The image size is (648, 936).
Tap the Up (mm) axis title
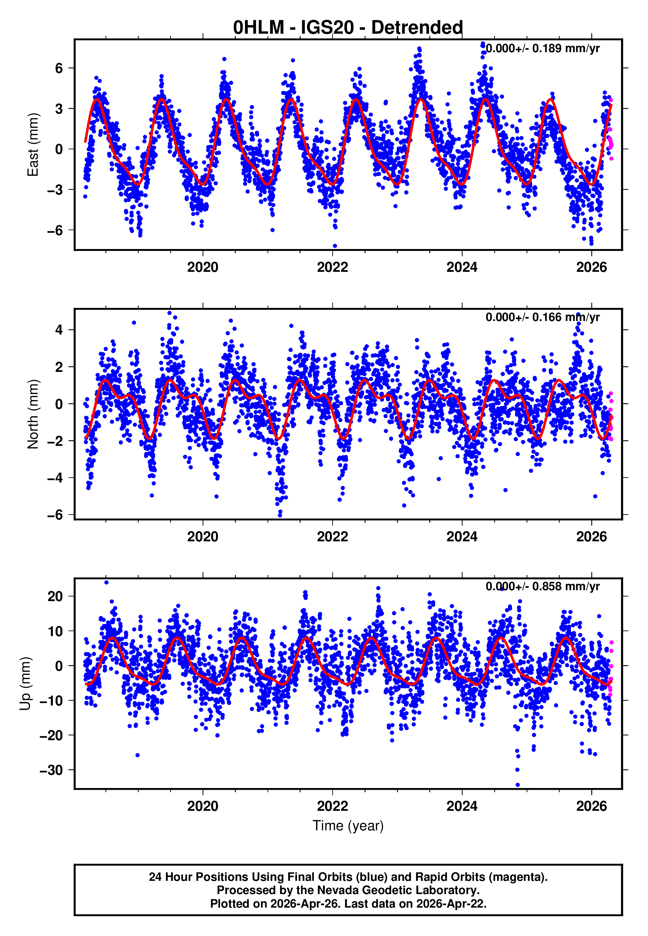click(x=25, y=684)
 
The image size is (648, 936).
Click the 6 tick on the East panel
click(x=59, y=68)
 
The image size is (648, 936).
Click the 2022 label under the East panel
click(x=332, y=268)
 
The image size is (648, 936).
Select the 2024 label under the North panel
click(x=462, y=537)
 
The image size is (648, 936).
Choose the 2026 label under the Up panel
click(x=591, y=806)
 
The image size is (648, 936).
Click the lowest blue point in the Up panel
click(x=517, y=785)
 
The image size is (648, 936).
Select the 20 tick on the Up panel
click(x=55, y=597)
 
